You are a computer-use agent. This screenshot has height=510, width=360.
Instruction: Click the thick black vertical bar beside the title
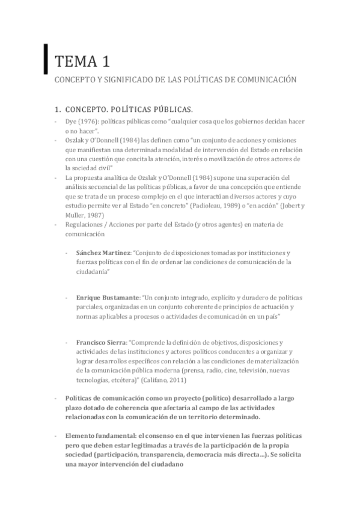(x=46, y=58)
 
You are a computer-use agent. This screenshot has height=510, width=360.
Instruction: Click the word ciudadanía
(x=94, y=271)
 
